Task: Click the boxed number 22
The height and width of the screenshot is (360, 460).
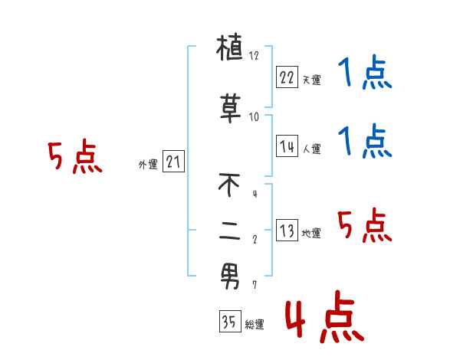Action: point(287,77)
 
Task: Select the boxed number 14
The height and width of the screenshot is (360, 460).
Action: point(287,146)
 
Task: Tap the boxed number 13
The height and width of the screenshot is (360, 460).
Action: point(287,231)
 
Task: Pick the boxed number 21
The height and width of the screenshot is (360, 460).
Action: point(173,161)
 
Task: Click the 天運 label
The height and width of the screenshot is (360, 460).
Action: point(311,80)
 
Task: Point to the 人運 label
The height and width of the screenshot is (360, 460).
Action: point(311,149)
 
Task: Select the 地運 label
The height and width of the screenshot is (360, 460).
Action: point(311,233)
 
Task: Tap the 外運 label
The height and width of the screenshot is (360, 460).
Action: point(147,163)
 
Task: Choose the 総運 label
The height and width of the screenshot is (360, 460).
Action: point(255,325)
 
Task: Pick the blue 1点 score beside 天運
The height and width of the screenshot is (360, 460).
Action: point(364,74)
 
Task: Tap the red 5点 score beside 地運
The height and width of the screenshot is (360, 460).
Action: point(364,227)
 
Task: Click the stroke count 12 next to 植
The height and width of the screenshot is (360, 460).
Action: point(255,56)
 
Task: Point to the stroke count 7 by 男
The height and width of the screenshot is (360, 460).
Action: point(255,284)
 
